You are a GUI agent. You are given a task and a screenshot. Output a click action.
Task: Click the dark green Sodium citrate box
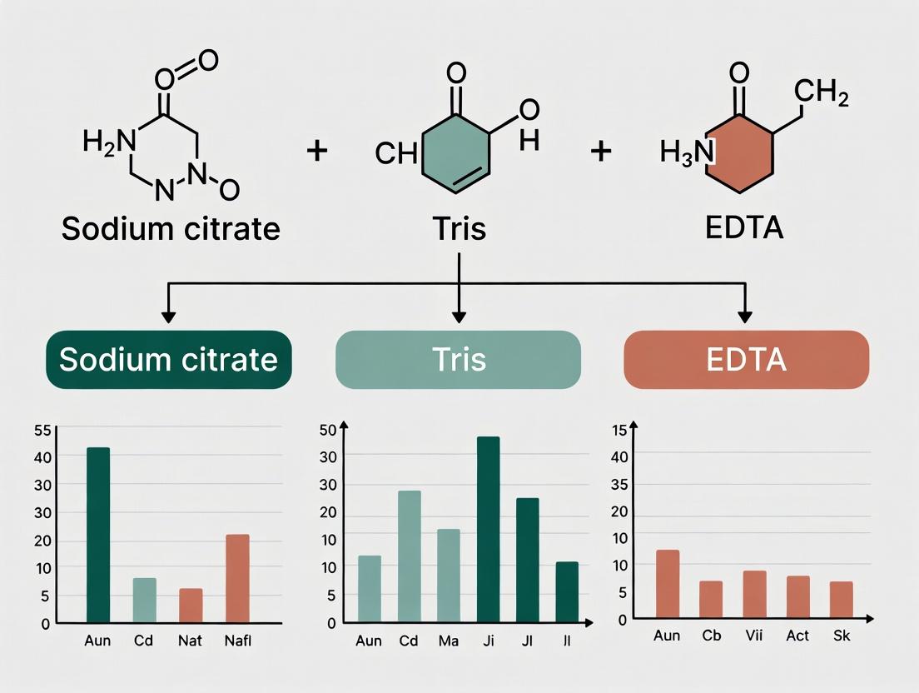click(x=168, y=359)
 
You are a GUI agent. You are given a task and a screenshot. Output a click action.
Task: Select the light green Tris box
click(x=458, y=359)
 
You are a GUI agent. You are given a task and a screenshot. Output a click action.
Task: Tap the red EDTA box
click(x=746, y=359)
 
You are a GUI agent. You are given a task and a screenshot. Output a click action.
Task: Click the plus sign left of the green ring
click(x=317, y=152)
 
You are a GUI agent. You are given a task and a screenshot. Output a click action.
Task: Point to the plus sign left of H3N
click(x=601, y=152)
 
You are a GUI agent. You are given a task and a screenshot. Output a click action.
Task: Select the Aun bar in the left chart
click(x=98, y=535)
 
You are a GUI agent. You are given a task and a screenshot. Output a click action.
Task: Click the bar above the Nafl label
click(x=237, y=578)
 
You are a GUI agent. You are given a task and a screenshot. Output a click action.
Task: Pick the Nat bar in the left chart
click(x=191, y=605)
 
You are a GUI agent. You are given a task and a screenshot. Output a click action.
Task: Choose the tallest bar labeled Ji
click(x=488, y=529)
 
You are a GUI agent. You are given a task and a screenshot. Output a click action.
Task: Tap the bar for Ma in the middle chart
click(x=448, y=575)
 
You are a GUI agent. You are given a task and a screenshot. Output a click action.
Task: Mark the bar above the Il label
click(x=567, y=591)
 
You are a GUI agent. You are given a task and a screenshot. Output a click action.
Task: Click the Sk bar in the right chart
click(x=842, y=600)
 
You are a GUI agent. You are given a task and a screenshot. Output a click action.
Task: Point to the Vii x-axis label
click(x=754, y=636)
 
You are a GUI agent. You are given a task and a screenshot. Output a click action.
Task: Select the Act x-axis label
click(x=797, y=636)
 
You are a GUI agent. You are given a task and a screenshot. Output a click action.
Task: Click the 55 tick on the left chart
click(x=42, y=430)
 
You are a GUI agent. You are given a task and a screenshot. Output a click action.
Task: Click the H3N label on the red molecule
click(x=686, y=152)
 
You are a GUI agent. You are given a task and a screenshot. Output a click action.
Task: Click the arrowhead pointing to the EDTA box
click(x=746, y=317)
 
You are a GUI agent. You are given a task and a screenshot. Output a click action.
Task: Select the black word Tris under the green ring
click(x=459, y=227)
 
